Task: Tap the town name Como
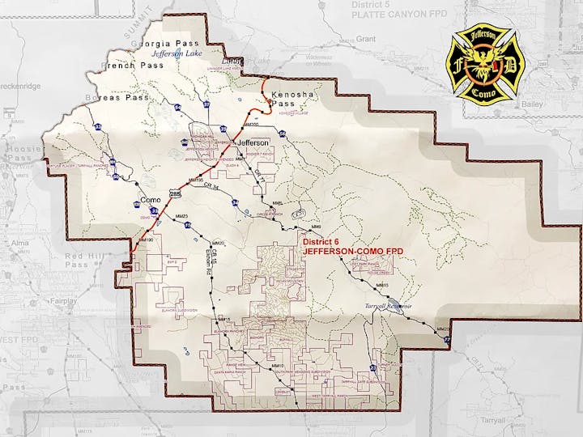(x=151, y=199)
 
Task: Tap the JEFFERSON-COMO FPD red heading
(x=352, y=252)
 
